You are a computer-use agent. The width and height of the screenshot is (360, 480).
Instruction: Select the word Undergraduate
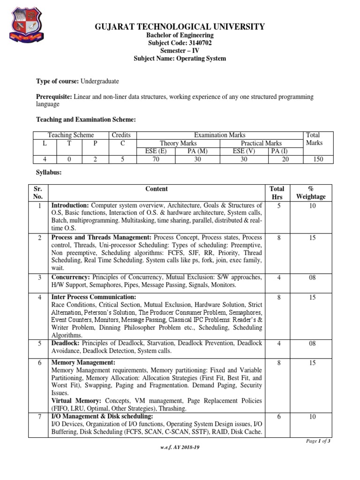click(100, 81)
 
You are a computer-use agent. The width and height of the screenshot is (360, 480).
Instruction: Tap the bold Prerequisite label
click(53, 97)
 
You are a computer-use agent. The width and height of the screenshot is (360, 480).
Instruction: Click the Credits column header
click(121, 135)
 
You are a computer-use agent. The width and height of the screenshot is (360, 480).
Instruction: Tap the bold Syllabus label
click(49, 173)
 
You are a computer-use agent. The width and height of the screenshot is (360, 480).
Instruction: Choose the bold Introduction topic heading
click(70, 205)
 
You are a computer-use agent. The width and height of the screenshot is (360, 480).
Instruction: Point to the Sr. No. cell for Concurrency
click(39, 277)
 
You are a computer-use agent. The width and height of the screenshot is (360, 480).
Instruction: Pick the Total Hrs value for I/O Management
click(278, 417)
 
